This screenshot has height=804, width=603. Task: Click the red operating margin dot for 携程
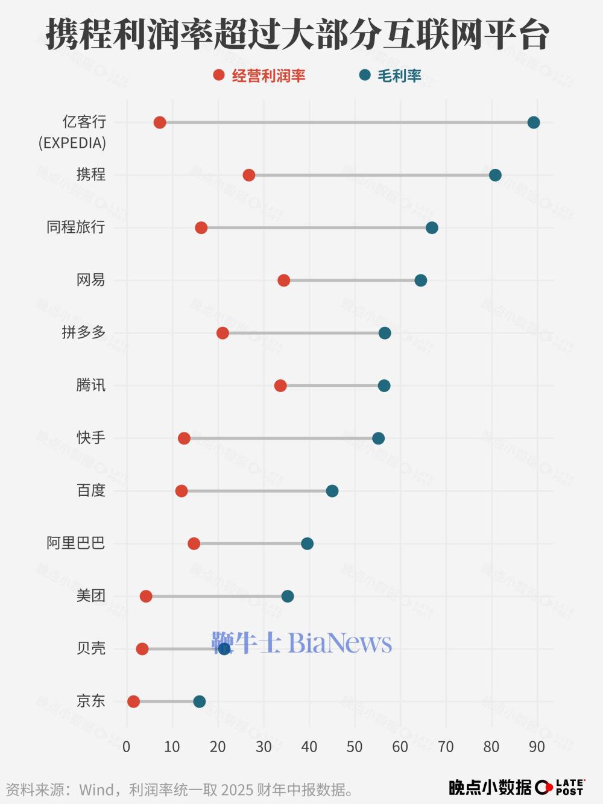pos(249,175)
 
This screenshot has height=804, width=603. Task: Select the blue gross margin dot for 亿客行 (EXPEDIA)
pos(534,122)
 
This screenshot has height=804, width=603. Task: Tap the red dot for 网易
pos(284,280)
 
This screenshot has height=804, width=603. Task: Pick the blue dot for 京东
pos(200,701)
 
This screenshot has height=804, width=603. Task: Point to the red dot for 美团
pos(146,597)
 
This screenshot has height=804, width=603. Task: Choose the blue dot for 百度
pos(332,491)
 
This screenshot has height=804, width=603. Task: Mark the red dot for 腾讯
pos(280,385)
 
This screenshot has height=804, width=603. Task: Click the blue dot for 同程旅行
pos(432,227)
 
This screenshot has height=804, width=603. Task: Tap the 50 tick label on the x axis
pos(355,747)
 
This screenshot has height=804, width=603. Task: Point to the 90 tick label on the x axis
pos(537,747)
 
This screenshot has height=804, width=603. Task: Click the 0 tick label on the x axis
pos(127,747)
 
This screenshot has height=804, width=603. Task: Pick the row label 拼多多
pos(84,332)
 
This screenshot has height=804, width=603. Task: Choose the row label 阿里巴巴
pos(76,543)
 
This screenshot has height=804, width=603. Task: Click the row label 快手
pos(91,437)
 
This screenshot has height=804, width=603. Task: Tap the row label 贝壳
pos(91,648)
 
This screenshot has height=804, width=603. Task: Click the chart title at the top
pos(298,34)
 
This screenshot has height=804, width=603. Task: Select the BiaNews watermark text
pos(301,643)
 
